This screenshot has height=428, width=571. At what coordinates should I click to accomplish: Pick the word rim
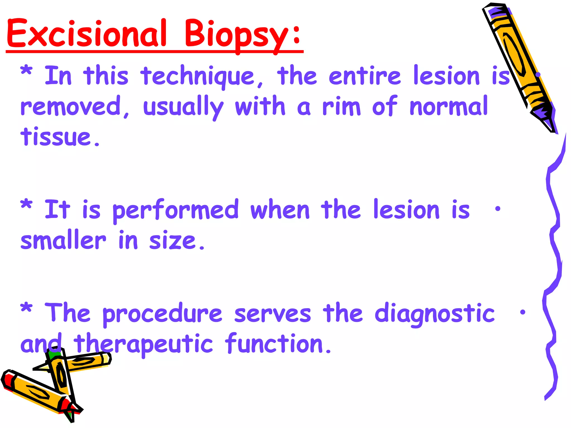(341, 106)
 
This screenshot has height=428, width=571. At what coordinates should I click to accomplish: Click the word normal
(449, 106)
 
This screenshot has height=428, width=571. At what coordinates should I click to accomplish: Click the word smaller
(63, 240)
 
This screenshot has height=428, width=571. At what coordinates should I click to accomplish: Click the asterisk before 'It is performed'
(26, 205)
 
